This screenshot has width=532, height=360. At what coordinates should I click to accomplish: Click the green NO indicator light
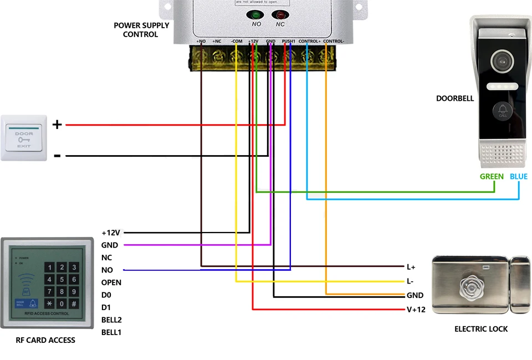(x=257, y=16)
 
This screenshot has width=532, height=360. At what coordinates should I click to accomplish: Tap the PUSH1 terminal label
(x=289, y=42)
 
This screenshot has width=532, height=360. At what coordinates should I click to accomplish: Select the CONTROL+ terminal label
(x=309, y=42)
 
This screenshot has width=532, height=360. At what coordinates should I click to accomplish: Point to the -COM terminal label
(x=236, y=42)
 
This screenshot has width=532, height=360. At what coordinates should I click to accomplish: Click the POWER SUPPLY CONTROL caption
(x=141, y=30)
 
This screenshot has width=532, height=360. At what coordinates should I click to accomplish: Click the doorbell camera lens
(x=503, y=59)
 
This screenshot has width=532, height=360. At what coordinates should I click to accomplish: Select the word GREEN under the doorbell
(x=492, y=177)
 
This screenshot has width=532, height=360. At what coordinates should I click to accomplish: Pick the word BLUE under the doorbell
(x=519, y=177)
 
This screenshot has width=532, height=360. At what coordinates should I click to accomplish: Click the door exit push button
(x=24, y=138)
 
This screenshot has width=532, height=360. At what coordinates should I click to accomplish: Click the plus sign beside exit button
(x=57, y=125)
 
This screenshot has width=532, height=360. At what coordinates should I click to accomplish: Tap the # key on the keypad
(x=74, y=304)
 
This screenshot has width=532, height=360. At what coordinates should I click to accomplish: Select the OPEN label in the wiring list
(x=111, y=282)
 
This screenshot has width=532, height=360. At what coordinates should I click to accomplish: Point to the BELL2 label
(x=111, y=320)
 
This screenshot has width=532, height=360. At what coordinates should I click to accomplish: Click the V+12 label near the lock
(x=416, y=310)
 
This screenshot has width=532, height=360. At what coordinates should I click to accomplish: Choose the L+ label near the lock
(x=411, y=267)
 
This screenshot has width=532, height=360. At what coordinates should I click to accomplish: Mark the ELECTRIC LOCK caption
(x=481, y=329)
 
